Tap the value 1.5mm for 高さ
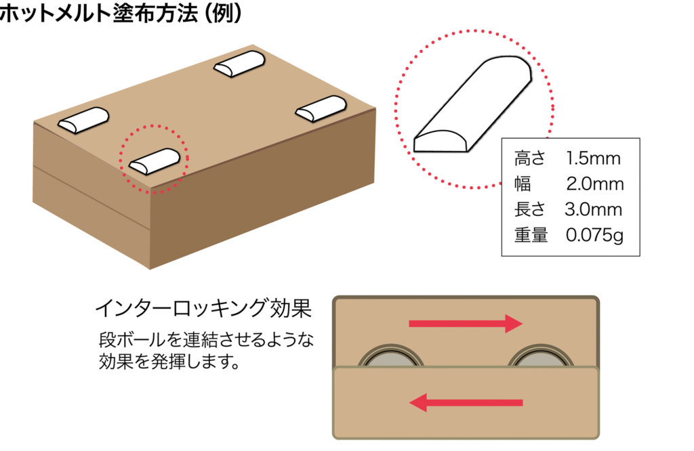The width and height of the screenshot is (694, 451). point(594,160)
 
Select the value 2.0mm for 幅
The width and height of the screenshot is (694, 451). point(594,185)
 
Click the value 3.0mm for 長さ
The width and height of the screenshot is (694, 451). point(593,210)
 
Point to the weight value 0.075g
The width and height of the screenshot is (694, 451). point(594,236)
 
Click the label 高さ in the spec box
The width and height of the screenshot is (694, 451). point(529,160)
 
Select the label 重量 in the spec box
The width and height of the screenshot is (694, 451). point(531,236)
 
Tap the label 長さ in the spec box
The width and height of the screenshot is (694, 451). point(529,210)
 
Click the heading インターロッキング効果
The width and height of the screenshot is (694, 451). point(203,310)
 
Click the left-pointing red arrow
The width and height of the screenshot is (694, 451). point(466,404)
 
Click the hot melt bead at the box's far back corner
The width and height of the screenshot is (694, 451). point(239,65)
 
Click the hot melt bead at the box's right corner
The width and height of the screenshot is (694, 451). point(321,108)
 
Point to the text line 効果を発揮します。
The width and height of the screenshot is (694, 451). point(170,360)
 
